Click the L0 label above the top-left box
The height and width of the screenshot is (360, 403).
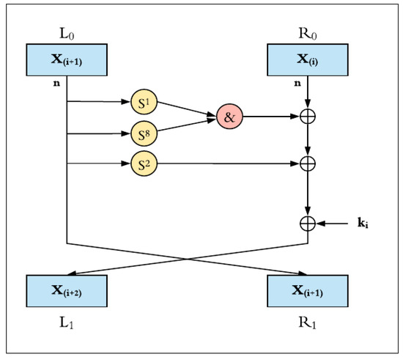(66, 34)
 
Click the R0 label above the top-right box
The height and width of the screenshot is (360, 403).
(308, 34)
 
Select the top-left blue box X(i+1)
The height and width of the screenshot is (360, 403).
(67, 60)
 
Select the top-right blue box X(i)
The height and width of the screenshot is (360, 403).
(308, 60)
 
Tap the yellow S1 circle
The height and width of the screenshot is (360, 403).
(144, 103)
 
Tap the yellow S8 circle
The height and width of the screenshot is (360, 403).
(144, 134)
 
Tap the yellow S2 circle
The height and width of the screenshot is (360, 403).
(144, 165)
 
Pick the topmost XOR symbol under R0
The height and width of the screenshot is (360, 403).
(308, 116)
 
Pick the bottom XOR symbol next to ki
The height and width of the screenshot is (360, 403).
(308, 220)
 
